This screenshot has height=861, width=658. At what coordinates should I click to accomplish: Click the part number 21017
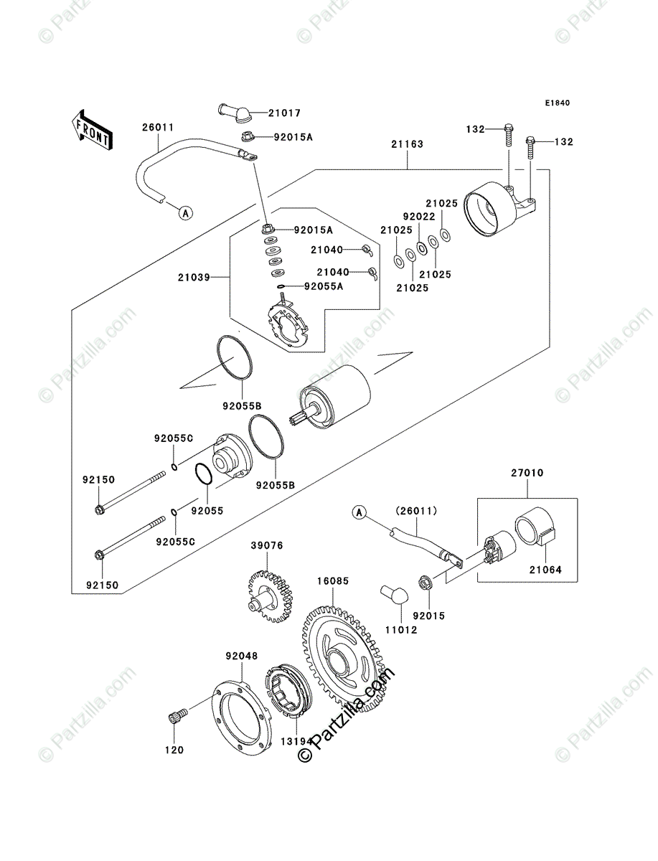click(285, 113)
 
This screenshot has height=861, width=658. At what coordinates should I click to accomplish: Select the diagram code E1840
click(557, 103)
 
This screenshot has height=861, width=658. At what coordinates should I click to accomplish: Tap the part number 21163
click(407, 144)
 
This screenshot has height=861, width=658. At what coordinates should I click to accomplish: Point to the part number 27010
click(527, 474)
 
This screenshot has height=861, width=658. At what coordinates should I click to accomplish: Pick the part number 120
click(174, 750)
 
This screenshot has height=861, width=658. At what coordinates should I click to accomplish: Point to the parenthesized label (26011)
click(410, 512)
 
